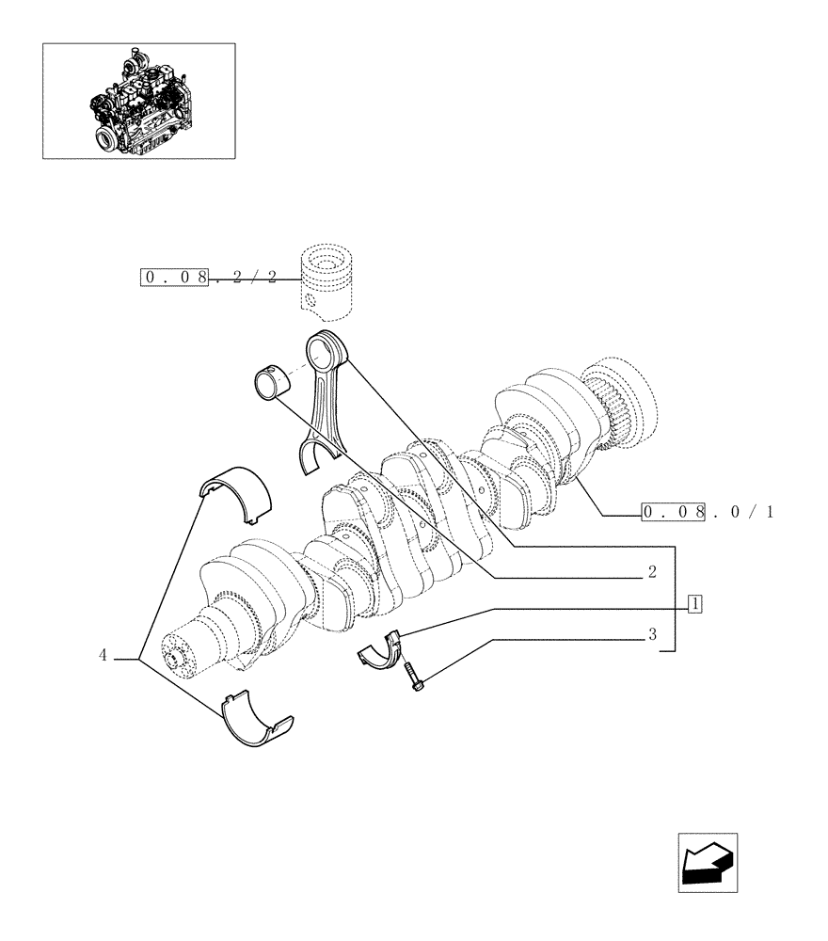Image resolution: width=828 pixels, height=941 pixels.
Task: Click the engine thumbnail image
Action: (138, 101)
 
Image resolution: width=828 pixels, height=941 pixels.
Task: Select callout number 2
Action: (651, 572)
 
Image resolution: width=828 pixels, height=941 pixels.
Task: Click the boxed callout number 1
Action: (694, 603)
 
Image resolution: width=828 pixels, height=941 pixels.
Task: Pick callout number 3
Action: (651, 635)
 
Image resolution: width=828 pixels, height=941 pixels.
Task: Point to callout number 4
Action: (103, 655)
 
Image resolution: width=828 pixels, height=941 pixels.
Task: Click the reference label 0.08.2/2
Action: (209, 279)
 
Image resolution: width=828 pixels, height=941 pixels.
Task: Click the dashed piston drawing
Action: (326, 279)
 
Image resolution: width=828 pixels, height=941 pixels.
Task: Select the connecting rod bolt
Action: (413, 678)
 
